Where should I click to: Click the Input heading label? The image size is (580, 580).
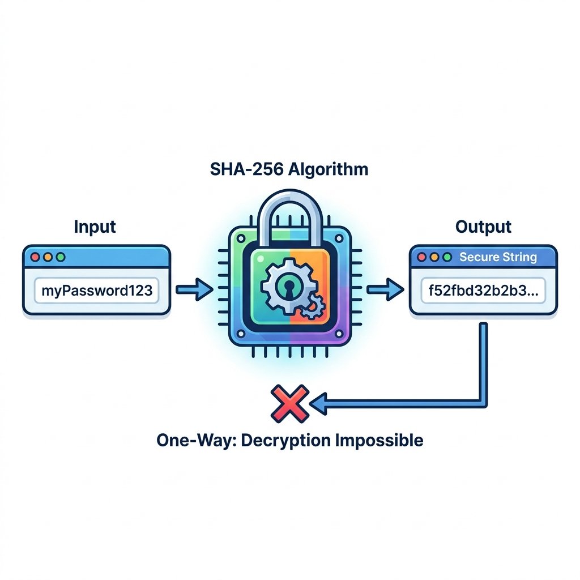95,227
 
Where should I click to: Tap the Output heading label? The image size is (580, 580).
483,227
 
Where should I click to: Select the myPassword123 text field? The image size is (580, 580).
96,291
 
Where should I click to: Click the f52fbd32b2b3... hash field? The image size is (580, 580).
484,291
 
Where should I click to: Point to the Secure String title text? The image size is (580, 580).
498,257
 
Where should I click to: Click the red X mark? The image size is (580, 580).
290,403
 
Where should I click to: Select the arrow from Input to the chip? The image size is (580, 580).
194,289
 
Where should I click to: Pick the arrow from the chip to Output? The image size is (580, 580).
385,289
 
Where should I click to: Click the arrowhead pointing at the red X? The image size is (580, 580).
318,403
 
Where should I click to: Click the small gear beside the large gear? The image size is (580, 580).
313,306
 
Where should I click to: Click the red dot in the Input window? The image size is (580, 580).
35,257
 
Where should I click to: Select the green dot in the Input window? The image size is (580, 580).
60,257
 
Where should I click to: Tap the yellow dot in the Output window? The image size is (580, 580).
434,257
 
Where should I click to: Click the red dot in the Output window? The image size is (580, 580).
421,257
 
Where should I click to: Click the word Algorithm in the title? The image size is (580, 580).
328,170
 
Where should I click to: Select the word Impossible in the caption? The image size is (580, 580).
379,441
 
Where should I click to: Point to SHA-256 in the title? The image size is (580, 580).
246,169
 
